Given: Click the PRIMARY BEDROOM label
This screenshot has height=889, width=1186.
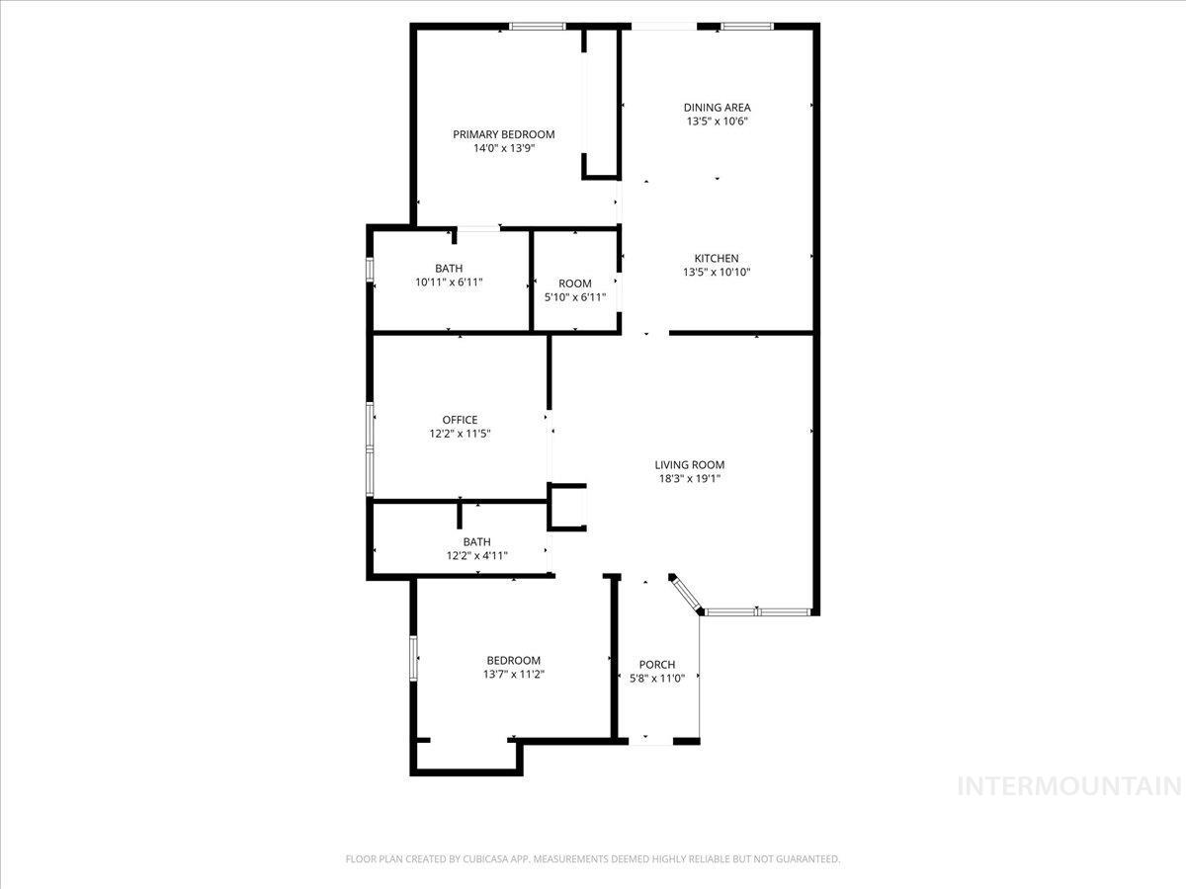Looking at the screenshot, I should pos(503,134).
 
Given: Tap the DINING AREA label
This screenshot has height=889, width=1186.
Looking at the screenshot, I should pos(717,108).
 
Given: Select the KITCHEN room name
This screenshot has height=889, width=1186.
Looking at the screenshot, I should pos(717,259).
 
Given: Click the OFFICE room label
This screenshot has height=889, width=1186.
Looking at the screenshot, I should pos(460,420).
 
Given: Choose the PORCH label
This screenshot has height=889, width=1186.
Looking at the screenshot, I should pos(657,665).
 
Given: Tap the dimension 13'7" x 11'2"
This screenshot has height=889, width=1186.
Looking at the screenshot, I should pos(514,675).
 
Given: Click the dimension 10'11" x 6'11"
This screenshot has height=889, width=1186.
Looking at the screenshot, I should pos(449,283).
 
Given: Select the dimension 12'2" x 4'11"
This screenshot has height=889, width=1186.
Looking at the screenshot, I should pos(476,555).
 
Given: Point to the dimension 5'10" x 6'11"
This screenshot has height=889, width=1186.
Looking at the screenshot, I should pos(574,297).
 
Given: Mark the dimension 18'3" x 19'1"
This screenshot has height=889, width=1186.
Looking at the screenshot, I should pos(689,479).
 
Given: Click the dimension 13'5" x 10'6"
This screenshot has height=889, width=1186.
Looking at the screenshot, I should pos(717,121).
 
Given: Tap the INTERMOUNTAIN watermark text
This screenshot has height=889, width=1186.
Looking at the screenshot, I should pos(1070,786).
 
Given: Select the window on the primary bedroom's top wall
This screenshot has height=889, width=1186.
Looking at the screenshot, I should pos(538,27).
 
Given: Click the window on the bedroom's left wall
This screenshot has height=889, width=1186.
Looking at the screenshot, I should pos(413,657).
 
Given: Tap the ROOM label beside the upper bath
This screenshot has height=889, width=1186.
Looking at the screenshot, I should pos(574,283).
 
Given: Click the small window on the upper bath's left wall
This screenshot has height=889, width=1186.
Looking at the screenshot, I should pos(371,271).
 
